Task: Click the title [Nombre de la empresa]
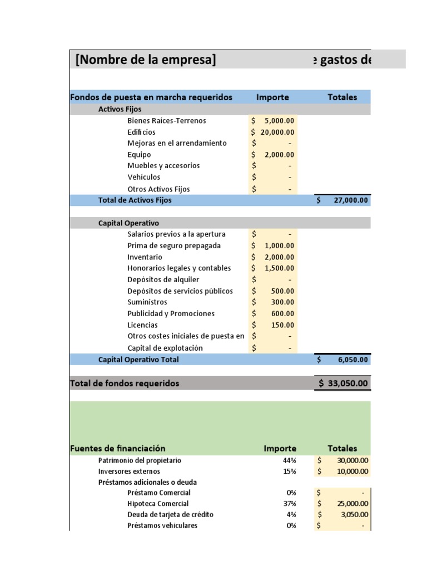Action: (x=146, y=59)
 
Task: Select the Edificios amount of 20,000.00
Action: (x=277, y=132)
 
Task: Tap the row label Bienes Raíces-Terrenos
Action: (x=167, y=121)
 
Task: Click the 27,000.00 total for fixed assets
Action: (x=350, y=200)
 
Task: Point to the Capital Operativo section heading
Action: (x=128, y=223)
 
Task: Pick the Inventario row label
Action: (x=145, y=257)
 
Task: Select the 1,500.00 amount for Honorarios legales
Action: (x=280, y=268)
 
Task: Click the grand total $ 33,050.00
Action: (x=343, y=383)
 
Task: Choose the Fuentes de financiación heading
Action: (x=118, y=448)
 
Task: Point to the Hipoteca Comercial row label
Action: (x=158, y=503)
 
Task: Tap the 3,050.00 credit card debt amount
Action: (x=354, y=514)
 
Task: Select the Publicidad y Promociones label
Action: (x=171, y=313)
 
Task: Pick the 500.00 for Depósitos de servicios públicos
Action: (x=282, y=291)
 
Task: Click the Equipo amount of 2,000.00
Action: (x=280, y=155)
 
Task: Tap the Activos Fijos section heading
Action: (x=120, y=109)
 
